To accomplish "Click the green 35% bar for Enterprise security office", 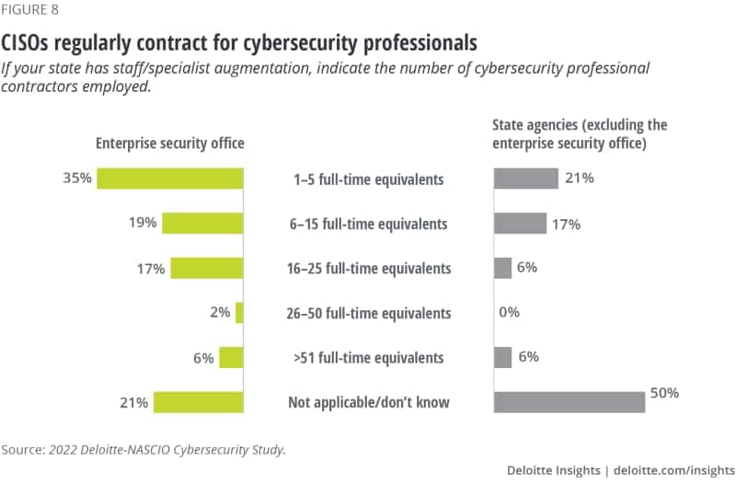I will (170, 179).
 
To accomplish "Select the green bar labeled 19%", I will (202, 223).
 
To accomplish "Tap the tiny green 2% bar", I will (239, 313).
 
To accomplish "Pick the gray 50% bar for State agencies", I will (569, 402).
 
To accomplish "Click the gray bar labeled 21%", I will (526, 179).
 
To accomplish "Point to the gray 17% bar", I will (520, 223).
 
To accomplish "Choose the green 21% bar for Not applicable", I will (199, 402).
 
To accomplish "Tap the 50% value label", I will (664, 393).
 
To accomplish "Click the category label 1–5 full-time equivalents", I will (368, 179).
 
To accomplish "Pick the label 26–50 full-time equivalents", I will (368, 313).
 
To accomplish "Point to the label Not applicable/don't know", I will (368, 402).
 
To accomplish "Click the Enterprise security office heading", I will (170, 144).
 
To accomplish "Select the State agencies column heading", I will (580, 133).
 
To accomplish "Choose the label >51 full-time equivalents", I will (368, 358).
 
